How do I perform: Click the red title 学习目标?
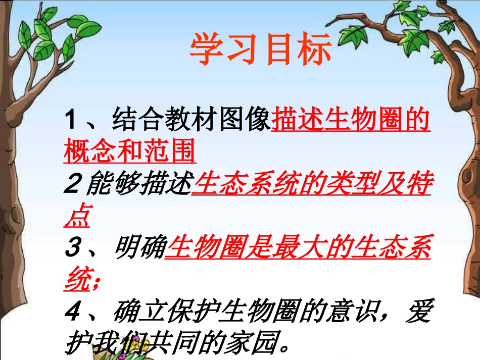[261, 50]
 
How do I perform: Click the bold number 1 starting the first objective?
[71, 122]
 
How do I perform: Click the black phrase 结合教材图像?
[190, 122]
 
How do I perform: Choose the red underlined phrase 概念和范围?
[129, 152]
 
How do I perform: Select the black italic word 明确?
[139, 249]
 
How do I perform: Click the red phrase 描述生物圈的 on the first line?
[351, 122]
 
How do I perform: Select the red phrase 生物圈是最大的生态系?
[298, 249]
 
